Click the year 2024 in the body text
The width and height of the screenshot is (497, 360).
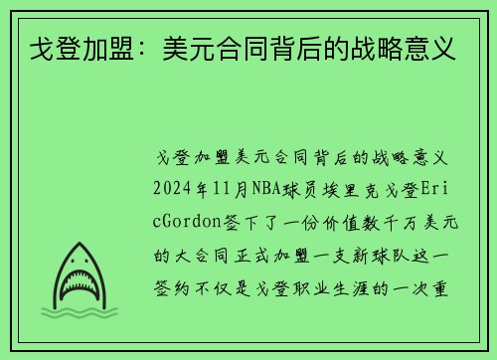click(172, 189)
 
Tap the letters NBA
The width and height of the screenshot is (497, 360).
click(266, 189)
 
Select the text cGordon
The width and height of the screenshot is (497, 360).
click(187, 222)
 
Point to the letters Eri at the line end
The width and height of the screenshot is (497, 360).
click(435, 189)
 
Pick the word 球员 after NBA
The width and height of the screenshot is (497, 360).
click(300, 189)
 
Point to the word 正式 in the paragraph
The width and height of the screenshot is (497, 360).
click(252, 256)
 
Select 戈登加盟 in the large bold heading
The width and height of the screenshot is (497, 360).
click(82, 49)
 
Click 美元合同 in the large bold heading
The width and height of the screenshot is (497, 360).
click(215, 49)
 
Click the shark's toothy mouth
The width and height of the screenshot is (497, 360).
click(79, 283)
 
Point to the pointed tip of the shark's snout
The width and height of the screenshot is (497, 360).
click(80, 243)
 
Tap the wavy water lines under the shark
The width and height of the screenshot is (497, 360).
click(80, 312)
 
